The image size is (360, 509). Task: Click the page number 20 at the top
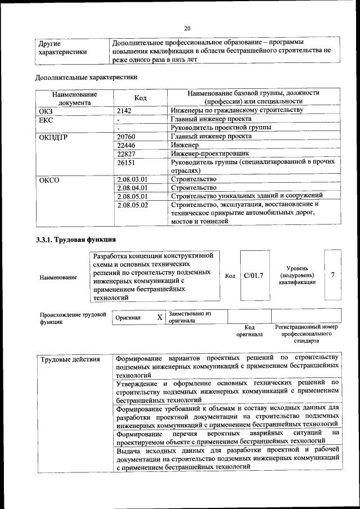[187, 28]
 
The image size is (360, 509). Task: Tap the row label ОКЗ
[45, 111]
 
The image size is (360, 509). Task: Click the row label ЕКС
[45, 119]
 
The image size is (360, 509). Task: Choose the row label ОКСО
[49, 180]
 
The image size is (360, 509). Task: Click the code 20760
[126, 137]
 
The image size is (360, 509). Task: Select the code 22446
[126, 145]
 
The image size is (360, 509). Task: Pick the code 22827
[126, 154]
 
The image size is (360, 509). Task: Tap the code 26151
[126, 163]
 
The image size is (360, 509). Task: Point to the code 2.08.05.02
[132, 205]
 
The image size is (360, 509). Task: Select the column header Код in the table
[141, 98]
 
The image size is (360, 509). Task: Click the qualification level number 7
[333, 275]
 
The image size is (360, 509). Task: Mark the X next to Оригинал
[160, 318]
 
